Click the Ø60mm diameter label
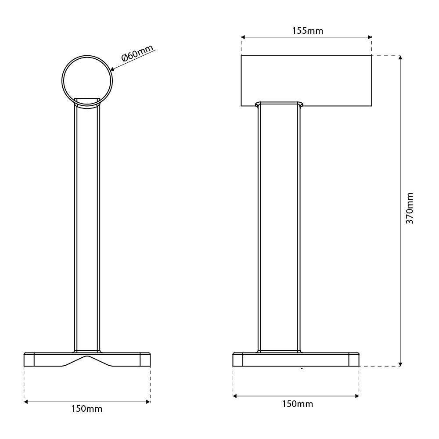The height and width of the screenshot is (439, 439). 137,53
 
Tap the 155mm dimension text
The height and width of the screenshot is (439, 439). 307,31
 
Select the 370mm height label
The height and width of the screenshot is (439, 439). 410,208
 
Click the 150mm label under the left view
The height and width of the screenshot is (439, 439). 87,409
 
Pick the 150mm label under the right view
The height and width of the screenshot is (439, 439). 297,404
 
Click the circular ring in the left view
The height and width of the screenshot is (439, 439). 62,81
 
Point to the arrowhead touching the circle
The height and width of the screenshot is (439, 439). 112,69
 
